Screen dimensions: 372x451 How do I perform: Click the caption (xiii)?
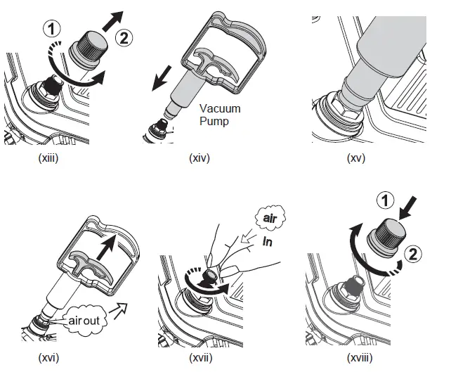tap(47, 158)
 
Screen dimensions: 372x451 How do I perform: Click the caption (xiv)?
tap(199, 158)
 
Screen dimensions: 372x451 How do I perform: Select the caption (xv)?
tap(356, 158)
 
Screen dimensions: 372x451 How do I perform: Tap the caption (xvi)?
tap(47, 359)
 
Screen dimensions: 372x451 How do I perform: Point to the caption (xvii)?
tap(202, 359)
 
